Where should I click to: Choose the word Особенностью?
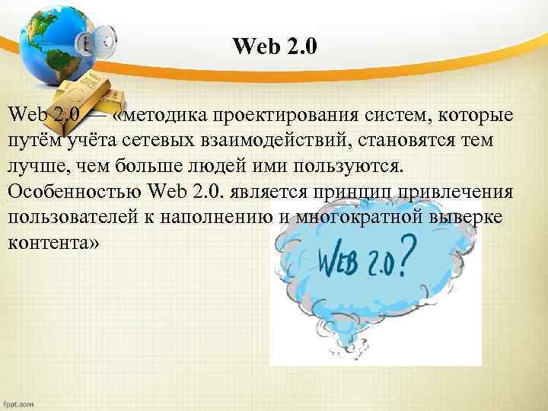(76, 191)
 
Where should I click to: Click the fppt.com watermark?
(18, 402)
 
